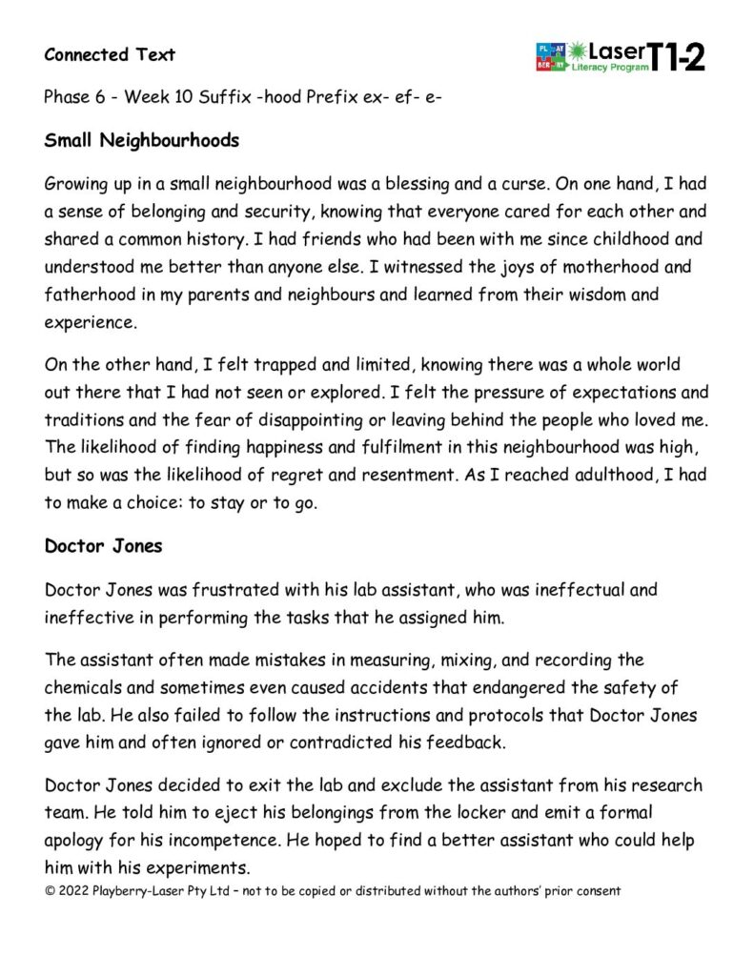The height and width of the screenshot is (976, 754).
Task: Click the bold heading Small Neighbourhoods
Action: click(141, 141)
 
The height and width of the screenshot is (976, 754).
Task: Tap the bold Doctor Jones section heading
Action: click(104, 547)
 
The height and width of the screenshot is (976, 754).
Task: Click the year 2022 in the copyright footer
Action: click(72, 891)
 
